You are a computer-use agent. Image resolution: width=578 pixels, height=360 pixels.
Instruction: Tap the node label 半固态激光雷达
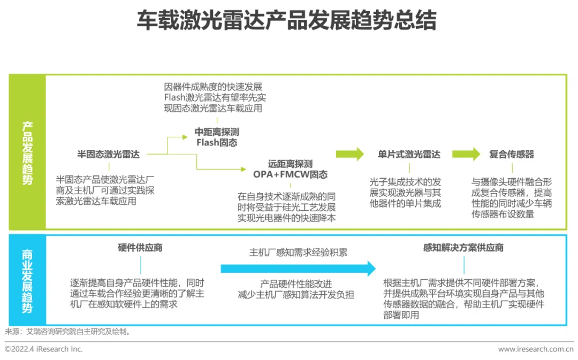tap(109, 155)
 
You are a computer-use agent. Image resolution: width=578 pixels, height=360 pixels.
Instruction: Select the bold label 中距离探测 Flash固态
tap(217, 137)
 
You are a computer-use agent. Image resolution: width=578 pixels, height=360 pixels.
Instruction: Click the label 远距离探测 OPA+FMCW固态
tap(290, 169)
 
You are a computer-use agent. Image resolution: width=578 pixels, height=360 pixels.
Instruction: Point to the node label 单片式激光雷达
tap(409, 155)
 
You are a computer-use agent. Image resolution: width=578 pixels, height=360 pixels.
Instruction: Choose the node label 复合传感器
tap(512, 155)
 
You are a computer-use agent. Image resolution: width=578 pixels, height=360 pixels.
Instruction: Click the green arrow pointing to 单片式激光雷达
tap(349, 155)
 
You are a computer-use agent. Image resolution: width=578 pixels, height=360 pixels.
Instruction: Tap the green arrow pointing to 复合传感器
tap(466, 155)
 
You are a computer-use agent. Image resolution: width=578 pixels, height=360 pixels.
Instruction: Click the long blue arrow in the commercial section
tap(298, 268)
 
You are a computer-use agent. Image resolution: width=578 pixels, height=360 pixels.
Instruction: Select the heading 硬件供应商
tap(140, 248)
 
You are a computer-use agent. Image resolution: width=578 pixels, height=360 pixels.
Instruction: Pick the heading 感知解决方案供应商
tap(463, 248)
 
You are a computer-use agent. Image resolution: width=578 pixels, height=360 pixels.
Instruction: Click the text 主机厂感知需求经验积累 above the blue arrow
tap(298, 252)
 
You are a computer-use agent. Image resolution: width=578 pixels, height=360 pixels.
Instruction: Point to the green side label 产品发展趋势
tap(27, 153)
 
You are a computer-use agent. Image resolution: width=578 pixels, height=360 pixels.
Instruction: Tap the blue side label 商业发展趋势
tap(27, 280)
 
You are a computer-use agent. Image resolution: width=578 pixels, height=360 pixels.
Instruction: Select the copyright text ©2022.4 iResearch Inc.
tap(44, 349)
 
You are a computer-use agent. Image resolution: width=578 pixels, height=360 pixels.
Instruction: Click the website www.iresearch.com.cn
tap(535, 349)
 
